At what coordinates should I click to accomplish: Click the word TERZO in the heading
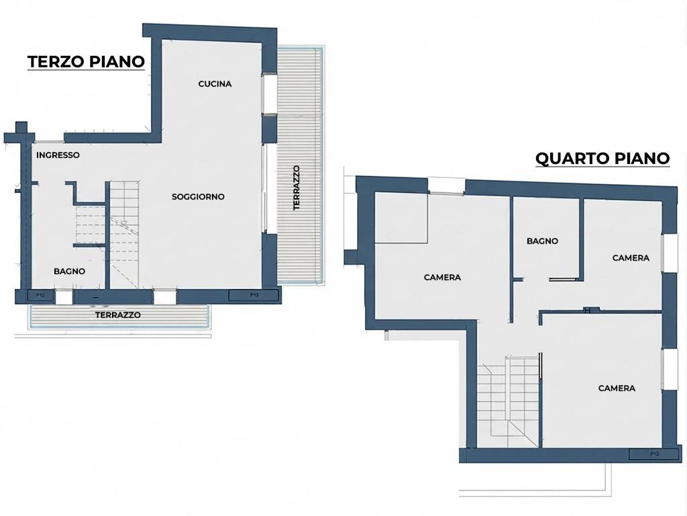pos(56,62)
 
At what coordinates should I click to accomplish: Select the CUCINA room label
pos(215,84)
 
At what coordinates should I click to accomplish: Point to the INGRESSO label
pos(58,155)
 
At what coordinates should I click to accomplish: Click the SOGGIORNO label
pos(198,197)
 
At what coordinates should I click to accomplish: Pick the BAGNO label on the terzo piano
pos(69,271)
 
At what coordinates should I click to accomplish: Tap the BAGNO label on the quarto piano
pos(542,241)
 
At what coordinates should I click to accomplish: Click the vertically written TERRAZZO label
pos(297,188)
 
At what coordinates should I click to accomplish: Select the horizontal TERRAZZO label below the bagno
pos(118,315)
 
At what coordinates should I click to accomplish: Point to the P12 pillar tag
pos(40,296)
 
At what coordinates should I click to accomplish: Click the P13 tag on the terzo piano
pos(254,295)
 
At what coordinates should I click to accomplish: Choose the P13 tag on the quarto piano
pos(655,454)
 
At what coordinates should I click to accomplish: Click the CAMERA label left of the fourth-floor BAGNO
pos(443,277)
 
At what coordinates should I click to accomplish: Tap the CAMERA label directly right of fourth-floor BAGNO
pos(631,258)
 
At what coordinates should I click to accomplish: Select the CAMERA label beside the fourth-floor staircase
pos(617,388)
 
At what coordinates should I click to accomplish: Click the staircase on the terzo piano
pos(124,234)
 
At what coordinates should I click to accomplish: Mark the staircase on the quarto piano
pos(509,402)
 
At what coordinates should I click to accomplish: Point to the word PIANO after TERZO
pos(117,62)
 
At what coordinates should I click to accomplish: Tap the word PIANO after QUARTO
pos(642,159)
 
